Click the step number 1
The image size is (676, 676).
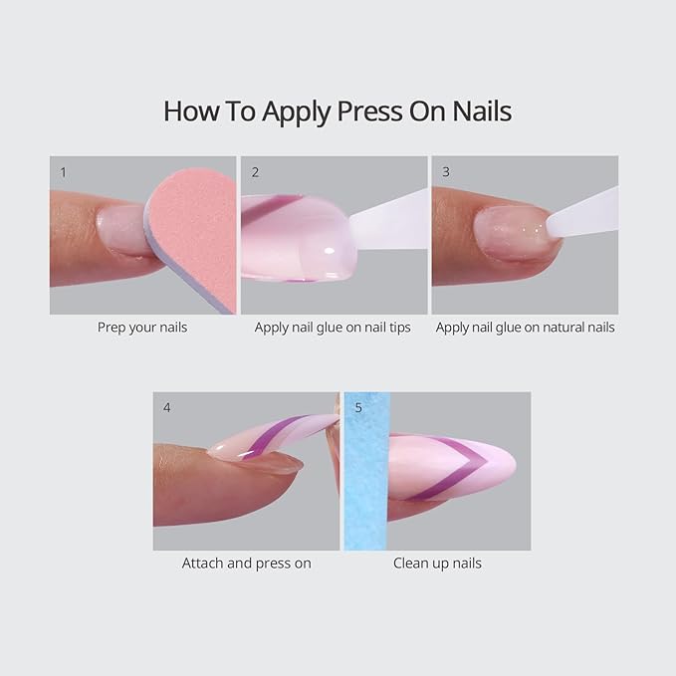pos(63,171)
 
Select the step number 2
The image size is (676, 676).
pos(255,171)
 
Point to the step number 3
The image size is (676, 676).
pos(445,171)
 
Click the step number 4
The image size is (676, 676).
pos(166,407)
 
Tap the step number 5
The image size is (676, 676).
pos(356,407)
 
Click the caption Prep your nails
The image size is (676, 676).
pos(142,327)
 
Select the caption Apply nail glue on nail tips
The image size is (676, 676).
pos(333,327)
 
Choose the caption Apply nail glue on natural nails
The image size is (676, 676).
pos(525,327)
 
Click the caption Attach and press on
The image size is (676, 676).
pos(246,563)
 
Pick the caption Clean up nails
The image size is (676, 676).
pos(437,563)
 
